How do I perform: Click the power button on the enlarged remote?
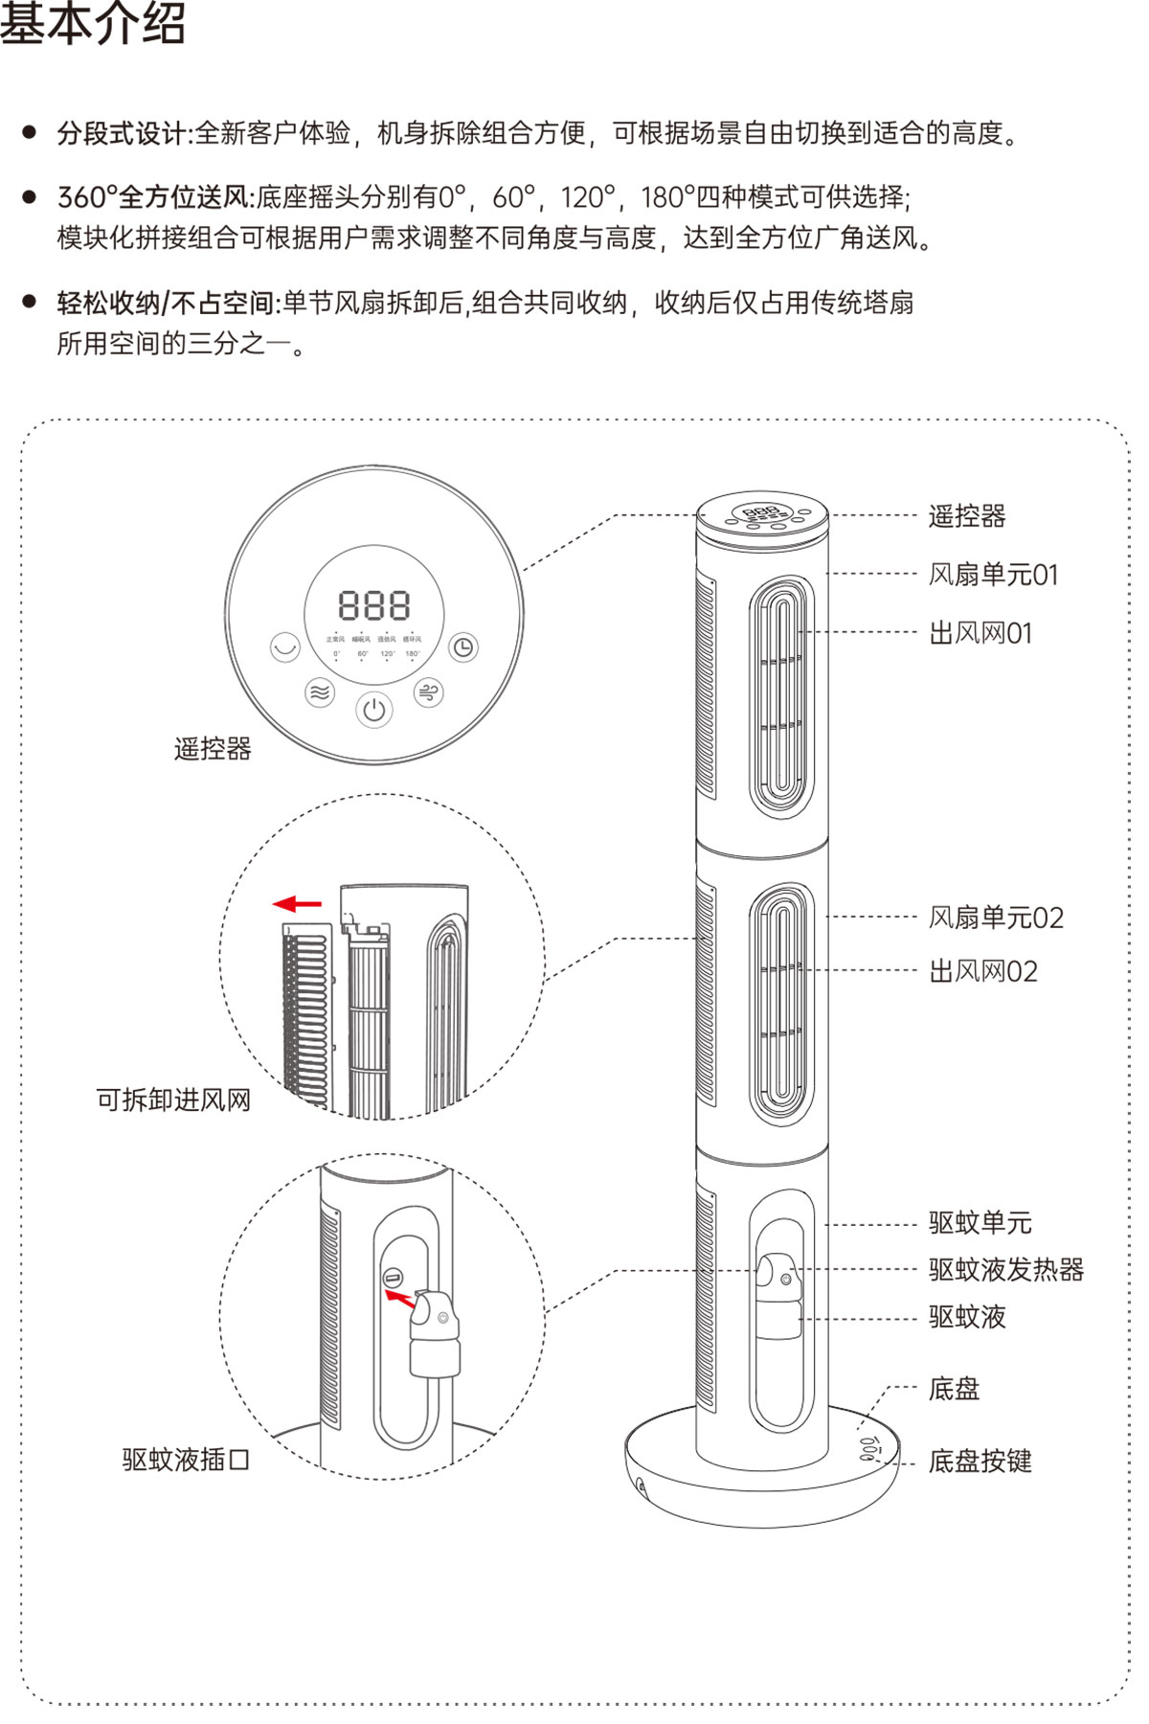(373, 710)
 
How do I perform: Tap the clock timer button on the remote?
(463, 648)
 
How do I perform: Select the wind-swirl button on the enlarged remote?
(428, 692)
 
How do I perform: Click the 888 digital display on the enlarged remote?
(373, 605)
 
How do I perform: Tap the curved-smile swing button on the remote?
(284, 648)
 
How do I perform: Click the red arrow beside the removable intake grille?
(297, 903)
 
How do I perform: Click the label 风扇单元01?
(993, 575)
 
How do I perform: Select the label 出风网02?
(982, 972)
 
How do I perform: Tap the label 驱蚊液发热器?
(1005, 1270)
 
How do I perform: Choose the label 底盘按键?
(980, 1461)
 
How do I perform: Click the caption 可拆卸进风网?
(173, 1100)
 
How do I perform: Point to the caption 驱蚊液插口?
(186, 1460)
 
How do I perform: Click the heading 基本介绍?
(93, 24)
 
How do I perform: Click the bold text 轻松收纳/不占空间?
(166, 304)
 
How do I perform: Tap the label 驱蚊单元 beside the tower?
(980, 1223)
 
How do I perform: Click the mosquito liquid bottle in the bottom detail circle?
(436, 1331)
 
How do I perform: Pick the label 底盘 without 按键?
(954, 1389)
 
